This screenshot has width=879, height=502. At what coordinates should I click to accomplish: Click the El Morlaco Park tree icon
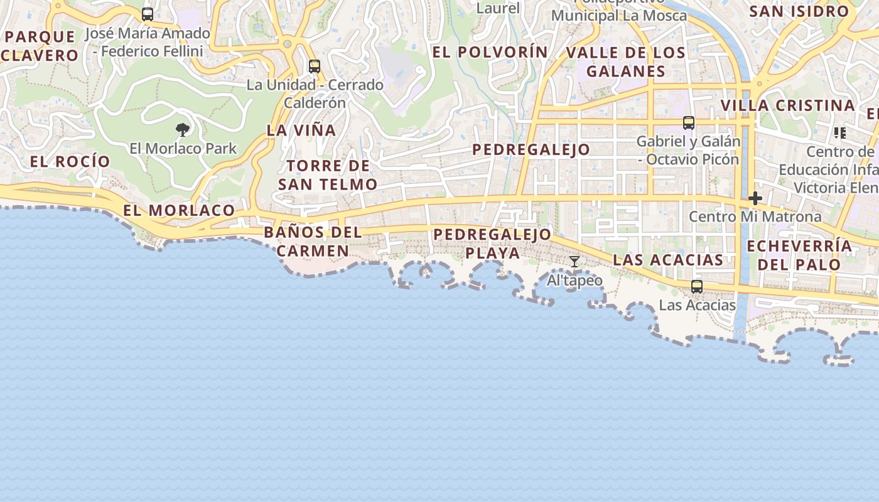183,130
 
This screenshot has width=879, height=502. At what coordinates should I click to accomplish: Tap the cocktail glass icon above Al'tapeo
574,261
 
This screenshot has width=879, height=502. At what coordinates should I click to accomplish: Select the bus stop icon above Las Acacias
697,287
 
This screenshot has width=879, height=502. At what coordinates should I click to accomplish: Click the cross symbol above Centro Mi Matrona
755,198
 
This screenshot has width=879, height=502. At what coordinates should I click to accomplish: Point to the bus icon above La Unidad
315,66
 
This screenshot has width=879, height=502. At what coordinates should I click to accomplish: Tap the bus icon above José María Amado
148,14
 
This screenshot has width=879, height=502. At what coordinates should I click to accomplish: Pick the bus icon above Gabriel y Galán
689,122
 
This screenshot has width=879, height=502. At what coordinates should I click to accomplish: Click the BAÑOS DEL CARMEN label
313,242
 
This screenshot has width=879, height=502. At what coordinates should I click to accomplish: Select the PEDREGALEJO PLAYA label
493,243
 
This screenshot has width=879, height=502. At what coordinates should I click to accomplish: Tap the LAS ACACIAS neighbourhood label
668,260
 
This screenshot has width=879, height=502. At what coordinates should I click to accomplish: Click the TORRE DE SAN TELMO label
328,175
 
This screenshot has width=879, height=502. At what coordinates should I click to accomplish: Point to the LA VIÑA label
301,131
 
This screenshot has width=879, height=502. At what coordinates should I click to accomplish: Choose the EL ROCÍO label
70,161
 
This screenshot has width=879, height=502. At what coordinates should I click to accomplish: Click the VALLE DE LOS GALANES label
625,61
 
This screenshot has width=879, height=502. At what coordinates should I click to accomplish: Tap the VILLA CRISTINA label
788,105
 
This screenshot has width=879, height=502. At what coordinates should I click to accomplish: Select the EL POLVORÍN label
490,52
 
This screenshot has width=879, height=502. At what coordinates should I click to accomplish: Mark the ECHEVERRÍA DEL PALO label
799,255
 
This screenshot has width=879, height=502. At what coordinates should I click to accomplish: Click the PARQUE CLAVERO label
40,46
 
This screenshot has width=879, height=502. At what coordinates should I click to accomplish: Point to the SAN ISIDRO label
799,11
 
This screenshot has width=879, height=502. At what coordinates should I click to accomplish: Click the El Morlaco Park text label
183,149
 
